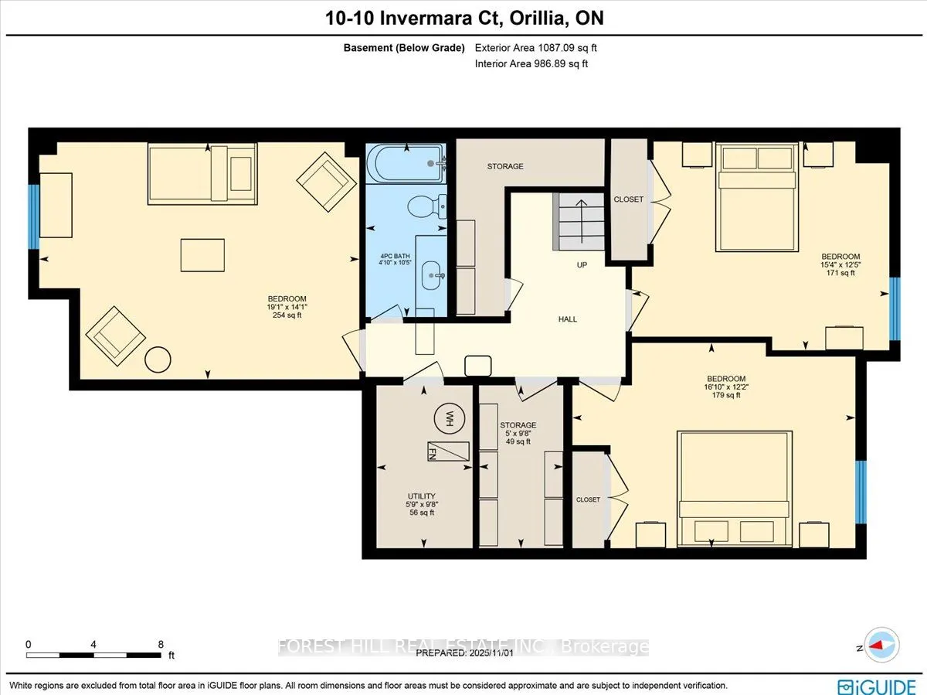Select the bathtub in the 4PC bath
pos(406,163)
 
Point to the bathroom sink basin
pos(433,272)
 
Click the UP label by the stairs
pos(582,265)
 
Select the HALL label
pos(568,319)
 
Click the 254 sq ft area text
pos(287,315)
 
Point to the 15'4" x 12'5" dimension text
pos(840,265)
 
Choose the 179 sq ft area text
pos(725,396)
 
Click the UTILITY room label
pos(422,496)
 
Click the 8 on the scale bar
pos(161,643)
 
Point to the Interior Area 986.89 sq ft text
pos(531,64)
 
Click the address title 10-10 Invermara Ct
pos(463,18)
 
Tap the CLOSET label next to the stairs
pos(628,199)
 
